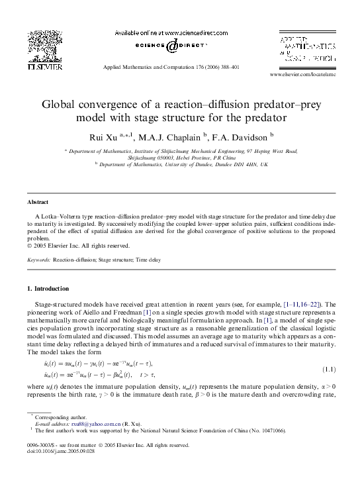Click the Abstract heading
[x=36, y=200]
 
